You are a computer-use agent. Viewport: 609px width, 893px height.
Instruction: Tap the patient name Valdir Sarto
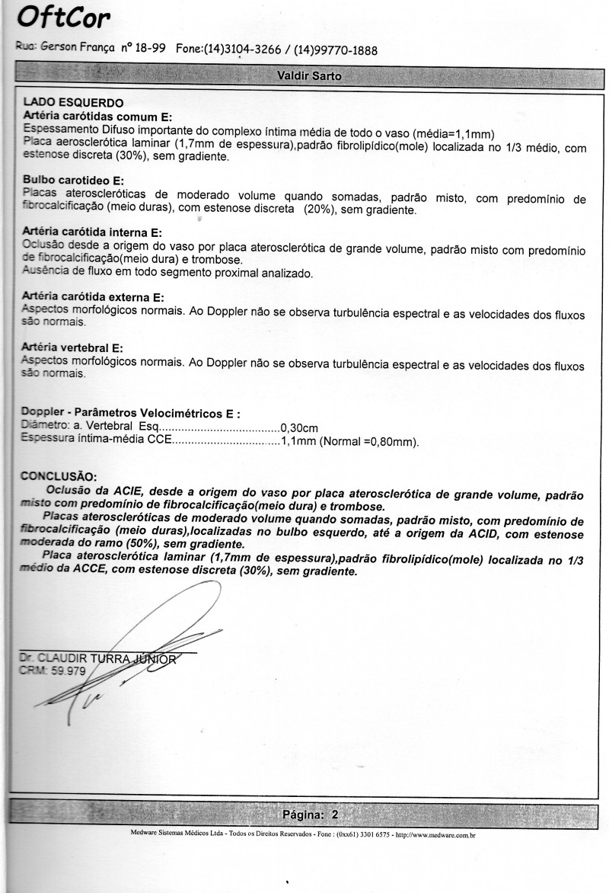point(309,76)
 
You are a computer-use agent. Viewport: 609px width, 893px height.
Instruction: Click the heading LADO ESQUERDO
point(73,102)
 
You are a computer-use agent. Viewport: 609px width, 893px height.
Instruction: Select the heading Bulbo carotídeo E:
point(74,180)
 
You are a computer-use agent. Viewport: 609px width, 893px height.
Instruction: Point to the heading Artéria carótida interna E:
point(94,232)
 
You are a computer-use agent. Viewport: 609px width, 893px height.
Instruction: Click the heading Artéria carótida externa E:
point(94,297)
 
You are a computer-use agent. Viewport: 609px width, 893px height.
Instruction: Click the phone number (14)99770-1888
point(336,50)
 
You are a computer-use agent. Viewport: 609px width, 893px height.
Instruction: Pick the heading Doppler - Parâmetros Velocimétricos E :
point(132,413)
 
